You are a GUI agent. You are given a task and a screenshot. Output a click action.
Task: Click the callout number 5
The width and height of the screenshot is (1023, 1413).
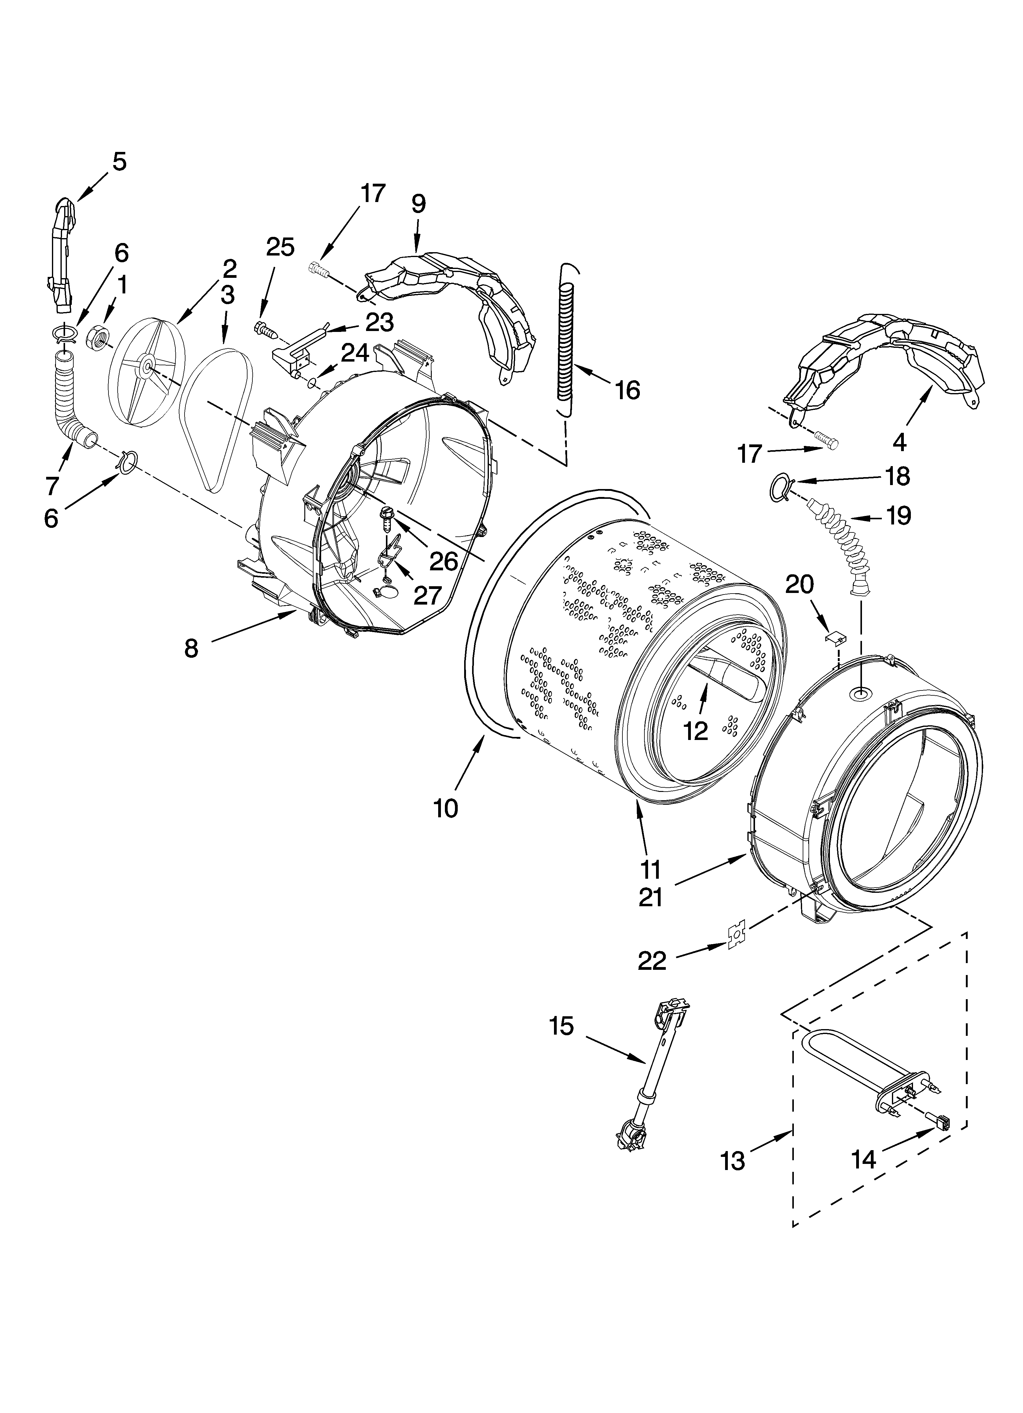click(x=119, y=162)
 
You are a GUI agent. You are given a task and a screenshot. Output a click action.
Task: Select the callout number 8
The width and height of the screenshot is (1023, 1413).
click(x=191, y=649)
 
